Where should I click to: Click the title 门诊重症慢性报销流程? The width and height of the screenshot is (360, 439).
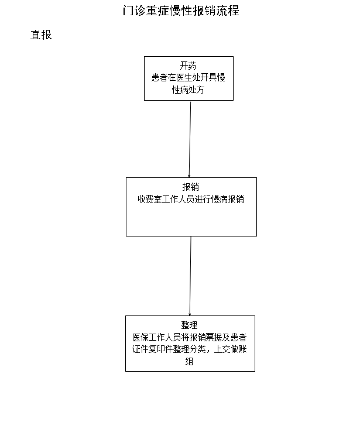click(181, 11)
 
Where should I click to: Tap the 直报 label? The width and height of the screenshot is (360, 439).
click(41, 35)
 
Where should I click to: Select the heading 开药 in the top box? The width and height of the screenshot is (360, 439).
click(188, 66)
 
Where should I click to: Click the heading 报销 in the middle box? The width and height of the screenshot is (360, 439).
click(191, 187)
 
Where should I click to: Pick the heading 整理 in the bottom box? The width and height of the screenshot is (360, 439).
click(189, 325)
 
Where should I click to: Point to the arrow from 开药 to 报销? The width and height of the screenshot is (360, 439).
click(190, 139)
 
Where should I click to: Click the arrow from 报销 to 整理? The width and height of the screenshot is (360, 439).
click(190, 276)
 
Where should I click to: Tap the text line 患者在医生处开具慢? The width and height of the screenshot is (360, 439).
click(188, 77)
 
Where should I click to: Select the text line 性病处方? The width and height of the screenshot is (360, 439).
click(188, 90)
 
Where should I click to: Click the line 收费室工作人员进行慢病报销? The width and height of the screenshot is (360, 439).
click(191, 199)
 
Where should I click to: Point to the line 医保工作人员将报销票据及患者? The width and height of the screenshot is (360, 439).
click(190, 337)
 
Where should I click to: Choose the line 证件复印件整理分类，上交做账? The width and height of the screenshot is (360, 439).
click(190, 349)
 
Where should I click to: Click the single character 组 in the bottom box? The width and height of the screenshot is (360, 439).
click(189, 361)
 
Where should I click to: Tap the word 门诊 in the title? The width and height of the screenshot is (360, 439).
click(134, 11)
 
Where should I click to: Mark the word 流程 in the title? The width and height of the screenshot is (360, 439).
click(228, 11)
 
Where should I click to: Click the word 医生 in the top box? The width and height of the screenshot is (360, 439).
click(184, 77)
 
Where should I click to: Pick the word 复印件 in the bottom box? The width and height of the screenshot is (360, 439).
click(161, 349)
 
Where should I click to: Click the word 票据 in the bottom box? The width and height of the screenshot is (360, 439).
click(214, 337)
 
